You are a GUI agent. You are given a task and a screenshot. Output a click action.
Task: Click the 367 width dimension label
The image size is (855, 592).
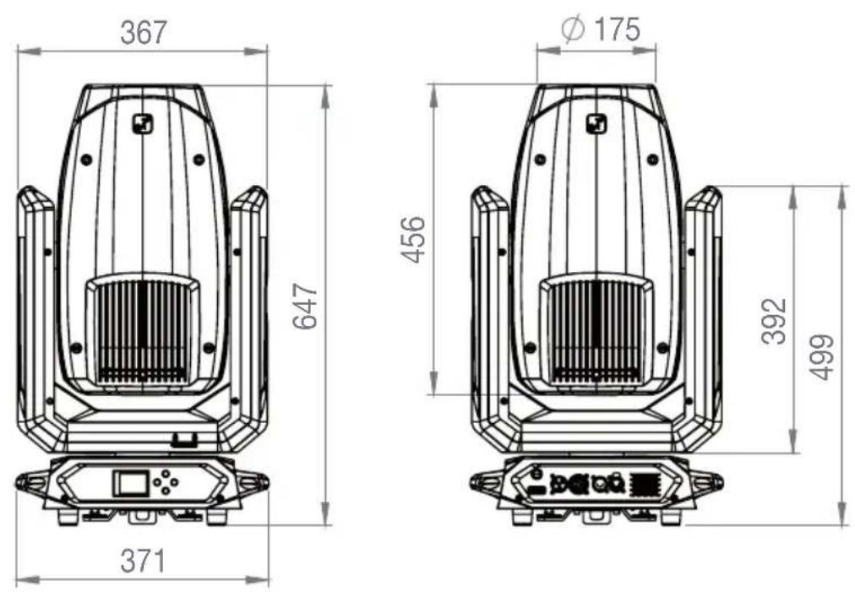[144, 33]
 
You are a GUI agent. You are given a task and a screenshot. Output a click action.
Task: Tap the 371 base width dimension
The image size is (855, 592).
[142, 561]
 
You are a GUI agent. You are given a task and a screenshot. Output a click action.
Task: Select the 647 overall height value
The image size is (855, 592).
[305, 307]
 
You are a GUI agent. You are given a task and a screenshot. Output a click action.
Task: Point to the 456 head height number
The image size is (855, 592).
[413, 240]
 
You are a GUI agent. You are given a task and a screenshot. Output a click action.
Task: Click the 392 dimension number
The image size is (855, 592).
[774, 321]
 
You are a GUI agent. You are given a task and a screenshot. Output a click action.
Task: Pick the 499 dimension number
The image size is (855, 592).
[821, 357]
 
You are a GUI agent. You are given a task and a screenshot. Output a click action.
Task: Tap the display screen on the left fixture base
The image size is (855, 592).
[130, 484]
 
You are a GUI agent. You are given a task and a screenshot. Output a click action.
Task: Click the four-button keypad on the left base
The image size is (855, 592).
[166, 482]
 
